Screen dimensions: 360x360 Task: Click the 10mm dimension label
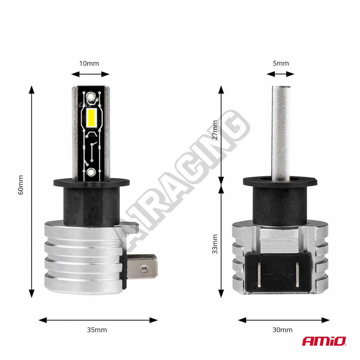(x=89, y=64)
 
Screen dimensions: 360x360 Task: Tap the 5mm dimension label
(x=281, y=64)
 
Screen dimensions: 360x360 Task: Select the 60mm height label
(x=21, y=185)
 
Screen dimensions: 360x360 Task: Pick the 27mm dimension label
(x=215, y=130)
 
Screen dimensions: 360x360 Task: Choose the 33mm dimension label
(x=215, y=244)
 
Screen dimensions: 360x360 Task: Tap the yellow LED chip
(x=91, y=118)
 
